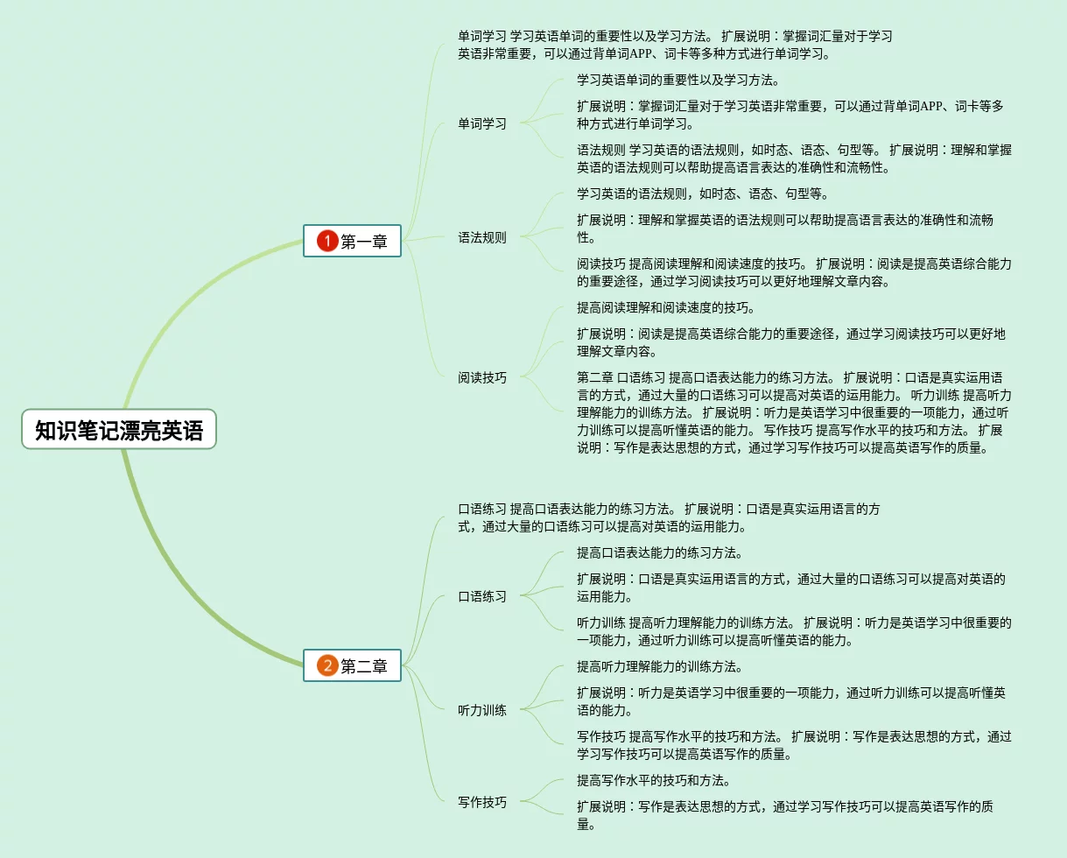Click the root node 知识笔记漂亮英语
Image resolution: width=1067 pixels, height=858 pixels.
click(x=119, y=430)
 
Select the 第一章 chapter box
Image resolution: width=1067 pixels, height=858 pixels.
click(x=352, y=241)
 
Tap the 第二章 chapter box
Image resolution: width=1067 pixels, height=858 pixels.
click(x=352, y=665)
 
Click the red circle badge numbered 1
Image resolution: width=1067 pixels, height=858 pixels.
click(x=327, y=241)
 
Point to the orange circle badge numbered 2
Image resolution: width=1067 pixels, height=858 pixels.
click(x=327, y=665)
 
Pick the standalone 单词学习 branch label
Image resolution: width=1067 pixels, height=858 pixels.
click(x=482, y=123)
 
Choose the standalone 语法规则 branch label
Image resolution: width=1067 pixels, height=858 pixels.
click(x=482, y=237)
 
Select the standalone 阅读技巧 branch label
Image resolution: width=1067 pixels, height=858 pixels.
click(x=482, y=377)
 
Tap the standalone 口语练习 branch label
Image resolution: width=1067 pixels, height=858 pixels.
click(x=482, y=596)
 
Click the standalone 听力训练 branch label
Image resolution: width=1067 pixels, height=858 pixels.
click(x=482, y=710)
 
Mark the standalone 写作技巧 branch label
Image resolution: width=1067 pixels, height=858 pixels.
click(x=482, y=802)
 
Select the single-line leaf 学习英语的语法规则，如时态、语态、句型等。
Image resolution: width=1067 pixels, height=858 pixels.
click(x=702, y=193)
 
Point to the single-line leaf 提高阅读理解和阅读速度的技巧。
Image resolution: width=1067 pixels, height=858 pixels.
click(x=665, y=307)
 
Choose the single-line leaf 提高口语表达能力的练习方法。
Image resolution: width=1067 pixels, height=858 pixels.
click(x=659, y=552)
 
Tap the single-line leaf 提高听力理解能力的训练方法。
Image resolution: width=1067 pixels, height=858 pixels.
click(x=659, y=666)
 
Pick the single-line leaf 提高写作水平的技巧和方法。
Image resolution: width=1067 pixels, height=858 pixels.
click(x=653, y=780)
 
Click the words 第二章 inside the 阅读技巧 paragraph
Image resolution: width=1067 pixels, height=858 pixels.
click(x=595, y=377)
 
